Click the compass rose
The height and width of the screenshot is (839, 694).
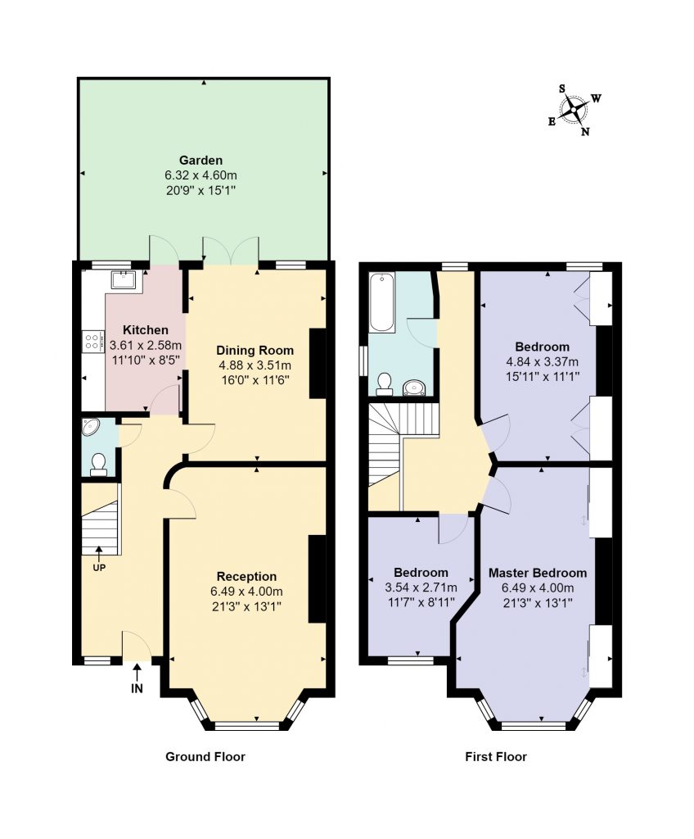click(574, 111)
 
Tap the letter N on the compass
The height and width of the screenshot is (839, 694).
click(585, 132)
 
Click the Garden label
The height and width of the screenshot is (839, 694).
click(201, 160)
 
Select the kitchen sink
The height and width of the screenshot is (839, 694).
click(124, 279)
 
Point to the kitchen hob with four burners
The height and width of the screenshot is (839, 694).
click(92, 342)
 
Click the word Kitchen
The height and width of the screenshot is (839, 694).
click(146, 330)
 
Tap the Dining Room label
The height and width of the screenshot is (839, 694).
click(255, 351)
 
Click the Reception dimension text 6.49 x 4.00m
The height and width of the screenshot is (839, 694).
click(247, 592)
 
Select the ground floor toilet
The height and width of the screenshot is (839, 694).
click(98, 465)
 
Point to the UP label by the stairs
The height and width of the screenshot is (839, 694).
click(99, 568)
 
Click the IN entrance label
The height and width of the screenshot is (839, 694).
click(137, 688)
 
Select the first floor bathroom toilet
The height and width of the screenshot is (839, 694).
click(383, 383)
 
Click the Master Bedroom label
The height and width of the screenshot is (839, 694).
click(538, 573)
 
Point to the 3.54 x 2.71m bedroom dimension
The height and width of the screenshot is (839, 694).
click(421, 587)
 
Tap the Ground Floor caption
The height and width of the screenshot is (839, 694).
click(205, 756)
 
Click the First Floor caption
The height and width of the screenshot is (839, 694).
click(496, 756)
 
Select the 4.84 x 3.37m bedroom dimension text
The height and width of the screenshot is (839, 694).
click(542, 361)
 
